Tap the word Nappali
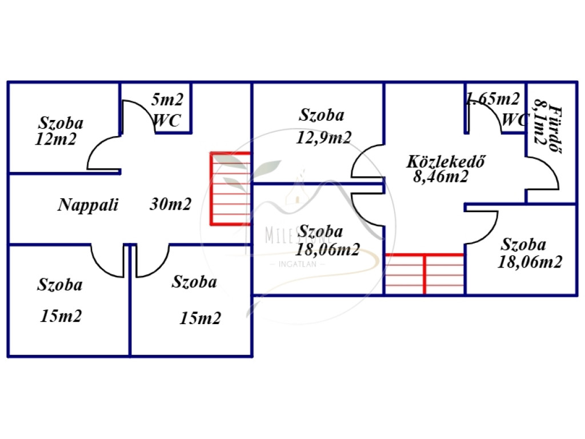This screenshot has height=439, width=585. [88, 205]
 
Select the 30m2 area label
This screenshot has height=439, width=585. [170, 204]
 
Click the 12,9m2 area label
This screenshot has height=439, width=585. [324, 137]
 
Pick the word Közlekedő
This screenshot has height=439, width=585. [446, 161]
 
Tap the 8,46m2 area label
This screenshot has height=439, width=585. [440, 177]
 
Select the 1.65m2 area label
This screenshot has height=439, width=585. [494, 99]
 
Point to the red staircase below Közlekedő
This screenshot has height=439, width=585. [424, 274]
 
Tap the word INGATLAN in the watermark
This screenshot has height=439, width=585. [301, 264]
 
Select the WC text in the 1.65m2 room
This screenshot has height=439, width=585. [512, 120]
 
